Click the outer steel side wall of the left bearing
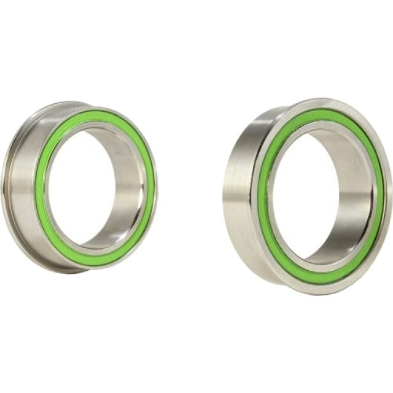click(21, 184)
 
